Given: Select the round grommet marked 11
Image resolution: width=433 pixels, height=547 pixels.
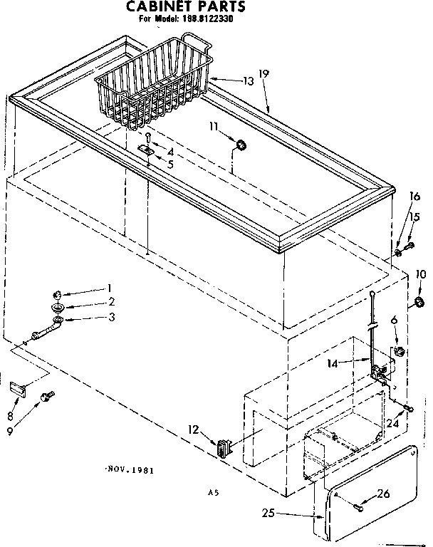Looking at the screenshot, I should (241, 146).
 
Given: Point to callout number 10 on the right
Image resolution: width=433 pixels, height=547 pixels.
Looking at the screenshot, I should (420, 273).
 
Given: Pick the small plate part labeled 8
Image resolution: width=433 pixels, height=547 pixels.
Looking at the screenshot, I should (18, 388).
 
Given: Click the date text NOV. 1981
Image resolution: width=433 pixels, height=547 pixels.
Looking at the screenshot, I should (129, 470).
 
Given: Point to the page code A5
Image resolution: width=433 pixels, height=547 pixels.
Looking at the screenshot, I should (212, 492).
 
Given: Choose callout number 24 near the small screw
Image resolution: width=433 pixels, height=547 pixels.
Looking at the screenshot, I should (391, 424).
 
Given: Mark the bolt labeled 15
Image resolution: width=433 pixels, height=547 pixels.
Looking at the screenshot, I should (409, 246).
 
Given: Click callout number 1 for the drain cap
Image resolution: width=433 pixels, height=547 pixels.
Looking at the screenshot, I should (110, 288).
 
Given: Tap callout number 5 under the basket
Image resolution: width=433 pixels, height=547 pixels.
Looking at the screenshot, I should (169, 164).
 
